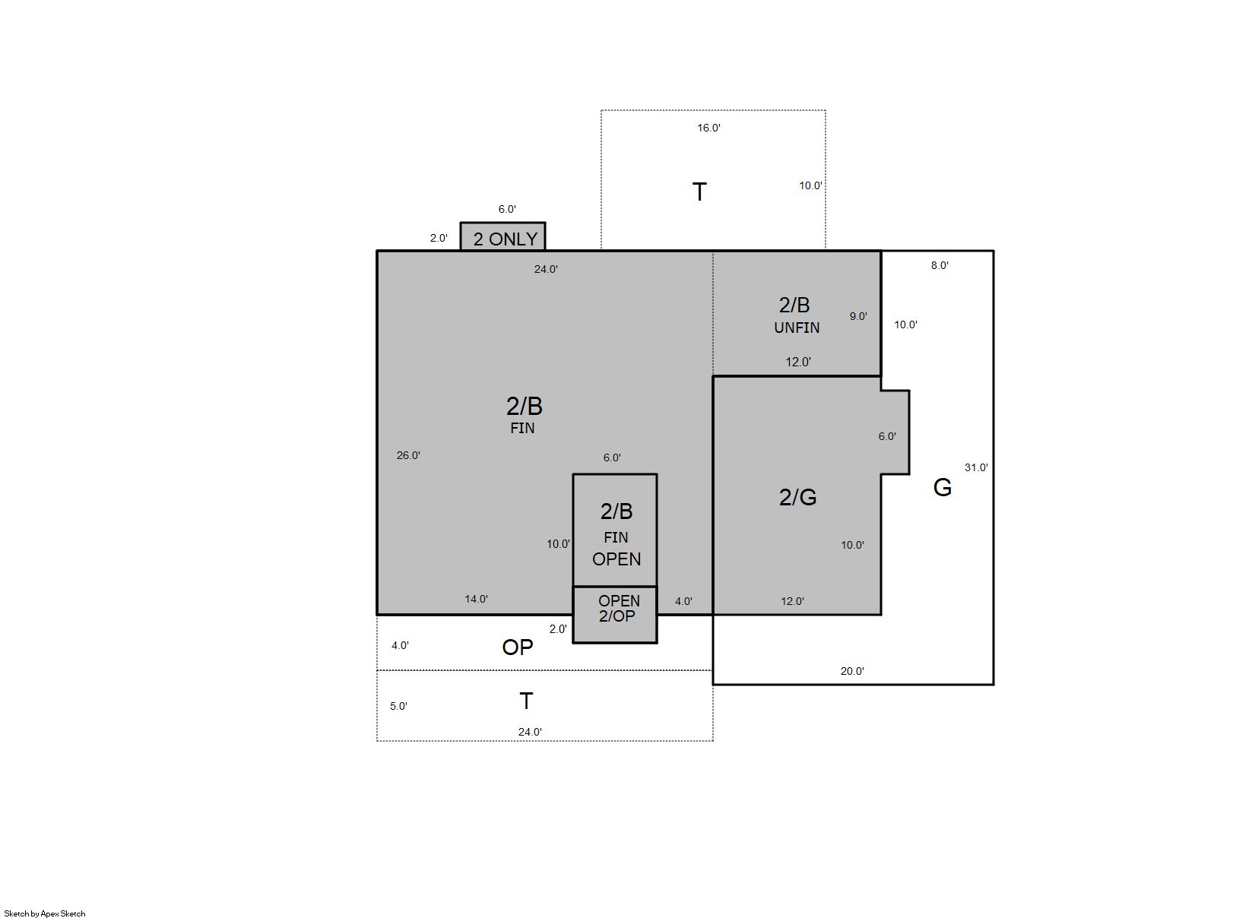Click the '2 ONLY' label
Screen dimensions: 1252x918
[x=506, y=239]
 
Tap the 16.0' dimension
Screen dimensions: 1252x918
[x=708, y=128]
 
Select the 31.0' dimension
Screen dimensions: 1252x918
[x=977, y=467]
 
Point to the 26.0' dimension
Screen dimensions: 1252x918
[x=408, y=455]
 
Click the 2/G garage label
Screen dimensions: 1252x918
[x=798, y=497]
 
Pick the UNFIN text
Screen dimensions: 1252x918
[x=797, y=328]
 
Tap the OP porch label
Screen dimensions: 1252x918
[x=518, y=647]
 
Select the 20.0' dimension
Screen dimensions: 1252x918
[x=852, y=671]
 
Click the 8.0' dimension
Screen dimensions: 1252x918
[x=940, y=265]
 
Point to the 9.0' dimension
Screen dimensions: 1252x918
[x=858, y=316]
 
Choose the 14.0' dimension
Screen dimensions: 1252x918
[x=476, y=599]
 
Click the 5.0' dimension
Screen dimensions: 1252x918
[x=398, y=706]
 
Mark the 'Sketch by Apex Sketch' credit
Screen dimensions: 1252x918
[x=45, y=913]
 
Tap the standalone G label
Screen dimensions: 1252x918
[x=943, y=488]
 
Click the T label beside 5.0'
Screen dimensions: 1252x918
[x=526, y=701]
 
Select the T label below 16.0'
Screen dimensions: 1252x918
[x=699, y=192]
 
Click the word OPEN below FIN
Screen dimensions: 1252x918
[x=616, y=559]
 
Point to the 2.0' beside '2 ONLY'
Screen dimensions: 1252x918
[x=439, y=238]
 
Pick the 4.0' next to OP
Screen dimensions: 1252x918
[x=400, y=645]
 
